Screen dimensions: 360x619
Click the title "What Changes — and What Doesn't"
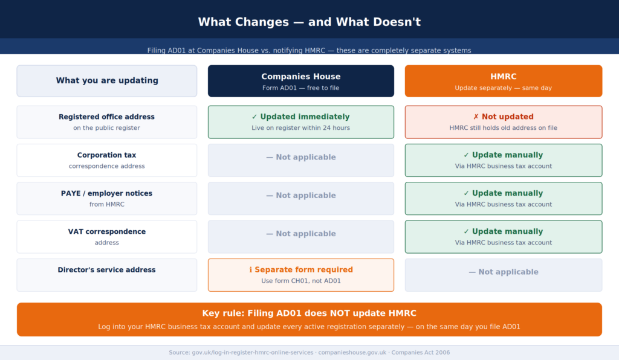point(309,22)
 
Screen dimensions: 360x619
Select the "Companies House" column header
point(300,81)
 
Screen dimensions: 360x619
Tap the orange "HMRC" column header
point(503,81)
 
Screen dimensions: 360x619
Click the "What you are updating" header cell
point(107,81)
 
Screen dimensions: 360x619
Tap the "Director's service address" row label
point(107,270)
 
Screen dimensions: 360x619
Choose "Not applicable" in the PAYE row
point(300,196)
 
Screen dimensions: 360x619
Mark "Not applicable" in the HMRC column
point(503,272)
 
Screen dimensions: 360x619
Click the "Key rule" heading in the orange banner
point(309,313)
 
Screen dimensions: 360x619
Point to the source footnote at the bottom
point(309,353)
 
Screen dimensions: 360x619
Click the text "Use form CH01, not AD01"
point(300,281)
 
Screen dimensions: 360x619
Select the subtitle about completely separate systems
point(309,51)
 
